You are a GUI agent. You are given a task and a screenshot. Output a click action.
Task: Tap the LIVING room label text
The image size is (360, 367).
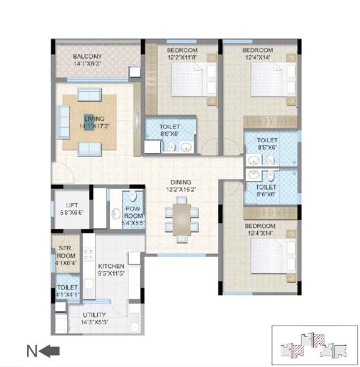pos(94,118)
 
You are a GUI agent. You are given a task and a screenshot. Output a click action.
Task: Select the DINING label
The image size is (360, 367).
pos(181,182)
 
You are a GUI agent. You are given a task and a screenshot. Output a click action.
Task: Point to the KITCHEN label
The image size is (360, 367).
pos(111,266)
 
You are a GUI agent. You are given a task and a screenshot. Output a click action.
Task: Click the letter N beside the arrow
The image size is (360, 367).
pos(32,351)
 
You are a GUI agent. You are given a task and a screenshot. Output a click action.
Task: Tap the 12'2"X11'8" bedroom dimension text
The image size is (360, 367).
pos(182,56)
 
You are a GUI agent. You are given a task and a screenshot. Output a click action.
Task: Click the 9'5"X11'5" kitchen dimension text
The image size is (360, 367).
pos(111,273)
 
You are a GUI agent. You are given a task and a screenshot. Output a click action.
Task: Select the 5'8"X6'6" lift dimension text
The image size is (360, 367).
pos(72,213)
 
